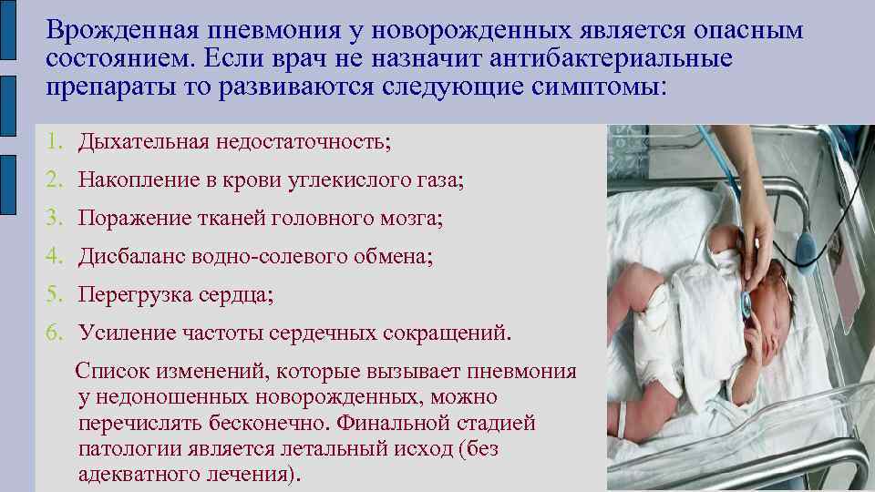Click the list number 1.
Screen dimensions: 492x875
(x=55, y=142)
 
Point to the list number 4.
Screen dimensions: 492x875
(x=55, y=257)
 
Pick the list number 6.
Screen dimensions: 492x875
(x=55, y=333)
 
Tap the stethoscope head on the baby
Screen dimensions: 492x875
(x=744, y=304)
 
